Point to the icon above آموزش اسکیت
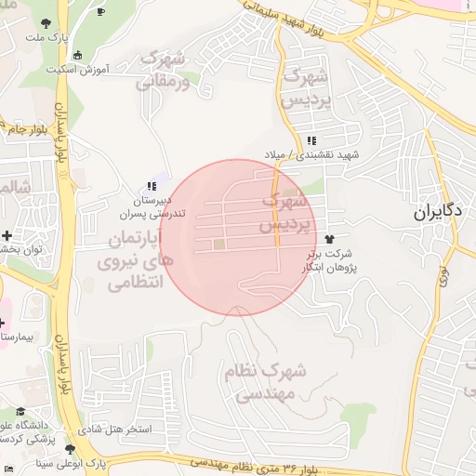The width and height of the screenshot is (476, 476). pos(76,54)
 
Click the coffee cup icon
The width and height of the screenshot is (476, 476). pos(100,10)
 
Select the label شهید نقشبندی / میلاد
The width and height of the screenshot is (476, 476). pos(323,154)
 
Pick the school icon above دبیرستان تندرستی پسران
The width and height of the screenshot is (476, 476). pos(151,186)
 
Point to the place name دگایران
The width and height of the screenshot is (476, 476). pos(439,212)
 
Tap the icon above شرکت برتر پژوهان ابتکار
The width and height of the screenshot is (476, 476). pos(329,241)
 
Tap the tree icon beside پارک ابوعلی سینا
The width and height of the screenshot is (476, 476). pos(71,450)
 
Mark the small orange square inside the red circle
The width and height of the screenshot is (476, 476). pos(219,245)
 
